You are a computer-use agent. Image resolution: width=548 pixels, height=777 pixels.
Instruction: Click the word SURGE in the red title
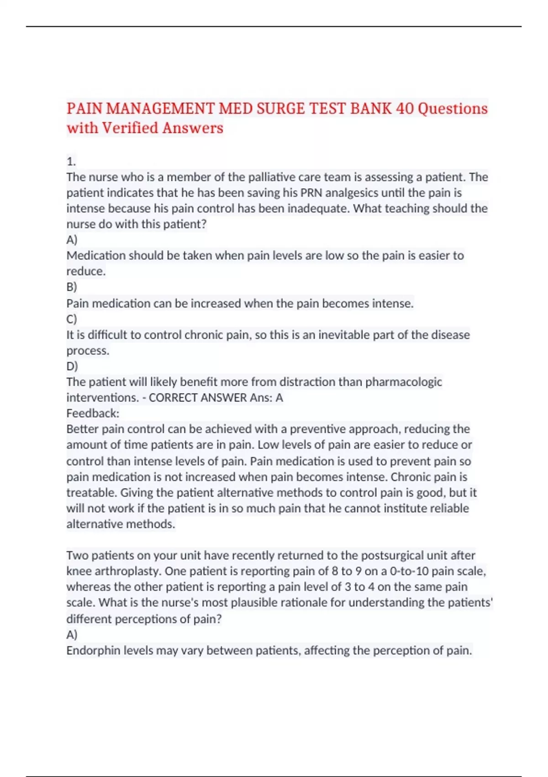coord(280,109)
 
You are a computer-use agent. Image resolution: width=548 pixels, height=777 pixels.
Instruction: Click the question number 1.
coord(71,161)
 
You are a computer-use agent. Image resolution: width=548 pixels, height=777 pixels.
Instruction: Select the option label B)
coord(72,287)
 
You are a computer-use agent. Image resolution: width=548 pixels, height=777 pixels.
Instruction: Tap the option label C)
coord(72,319)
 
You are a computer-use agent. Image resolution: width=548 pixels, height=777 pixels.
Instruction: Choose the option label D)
coord(72,366)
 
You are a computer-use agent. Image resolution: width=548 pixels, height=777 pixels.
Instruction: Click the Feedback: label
coord(93,414)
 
